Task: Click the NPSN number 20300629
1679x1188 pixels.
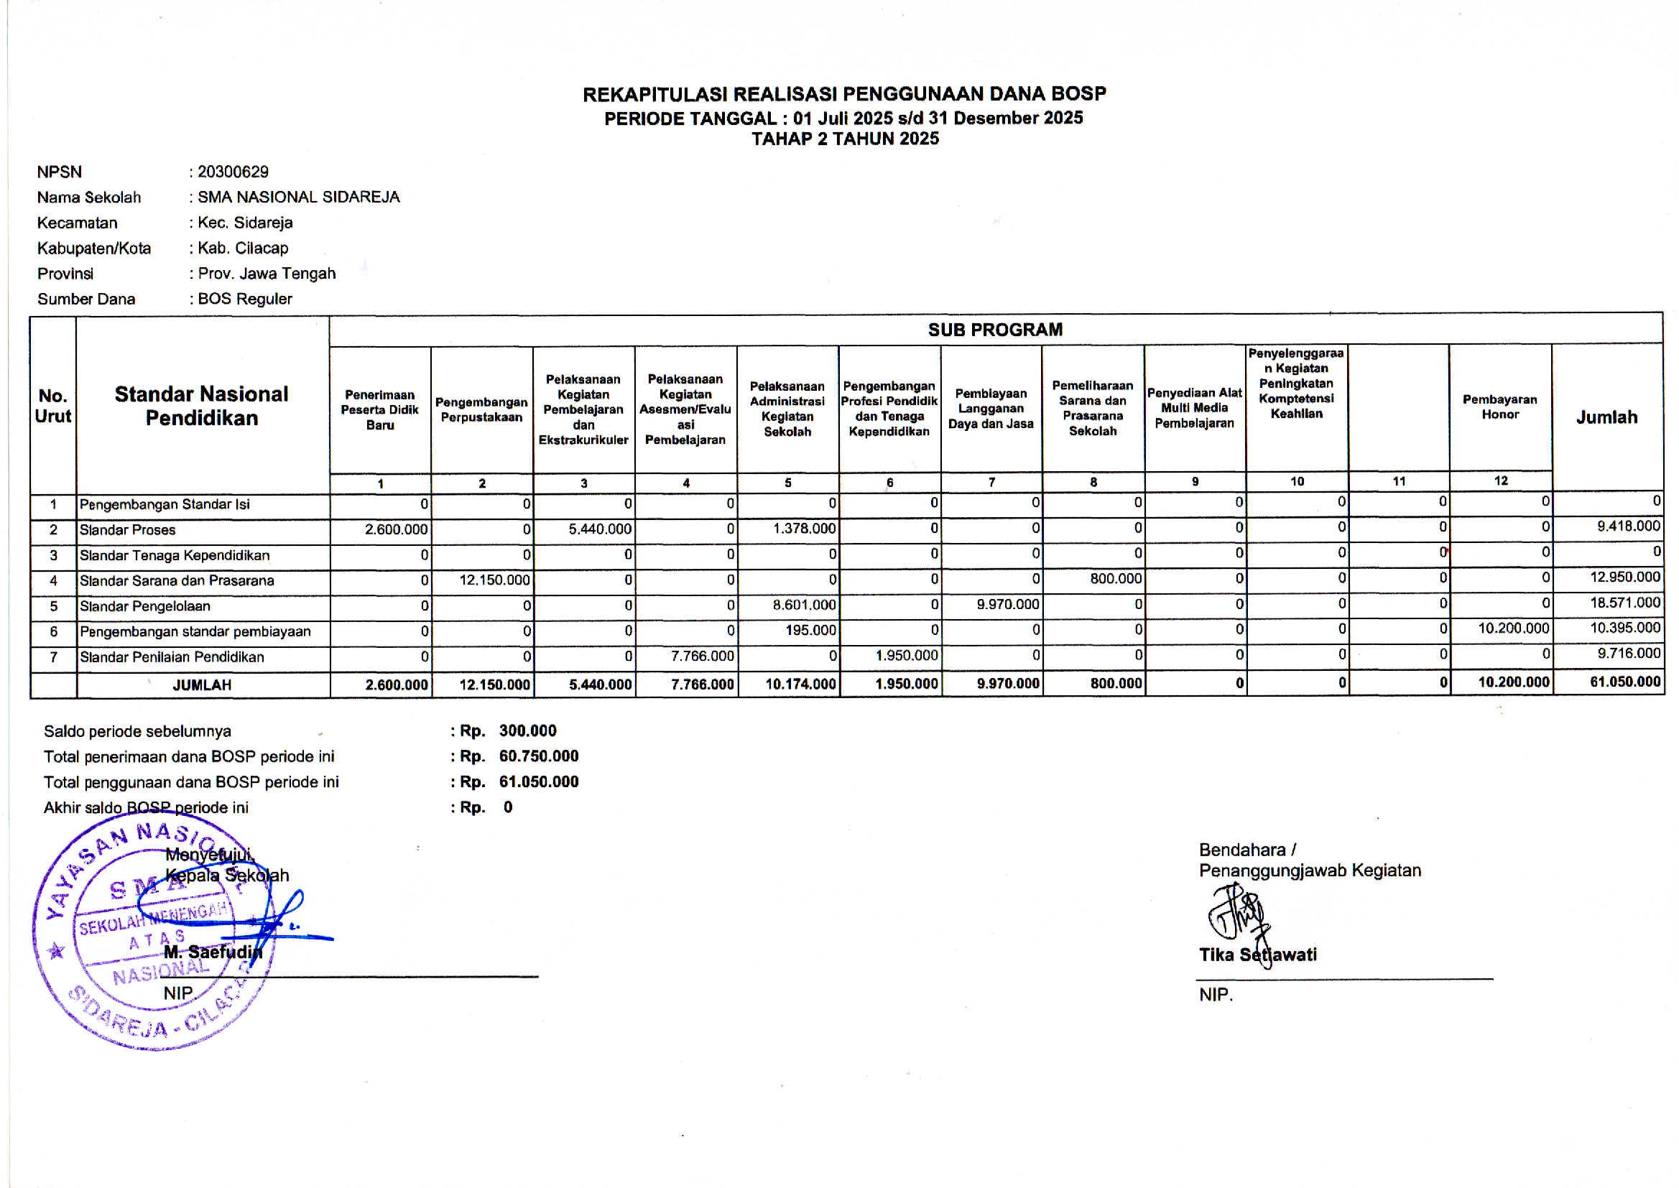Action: (x=233, y=172)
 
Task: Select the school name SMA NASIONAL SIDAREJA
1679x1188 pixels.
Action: (x=298, y=198)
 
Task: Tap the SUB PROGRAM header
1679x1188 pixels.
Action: (x=995, y=330)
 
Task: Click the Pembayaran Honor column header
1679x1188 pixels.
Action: (x=1500, y=407)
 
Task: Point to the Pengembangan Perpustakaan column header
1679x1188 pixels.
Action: (x=481, y=409)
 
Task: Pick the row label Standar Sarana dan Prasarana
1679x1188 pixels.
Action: (x=177, y=581)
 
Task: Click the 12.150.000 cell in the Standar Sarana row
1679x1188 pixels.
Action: (x=494, y=580)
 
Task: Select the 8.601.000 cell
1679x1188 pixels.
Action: (x=804, y=605)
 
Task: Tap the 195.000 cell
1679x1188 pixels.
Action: (x=810, y=630)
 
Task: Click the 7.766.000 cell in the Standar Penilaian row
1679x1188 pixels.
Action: (x=703, y=656)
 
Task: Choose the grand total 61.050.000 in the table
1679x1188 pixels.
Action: (x=1625, y=682)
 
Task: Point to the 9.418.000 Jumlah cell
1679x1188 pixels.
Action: (x=1629, y=526)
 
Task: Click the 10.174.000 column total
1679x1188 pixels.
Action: (x=800, y=684)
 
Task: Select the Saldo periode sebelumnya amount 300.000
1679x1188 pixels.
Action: (x=527, y=730)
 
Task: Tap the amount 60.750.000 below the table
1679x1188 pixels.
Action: (x=538, y=756)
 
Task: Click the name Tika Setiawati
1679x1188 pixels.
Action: (x=1257, y=955)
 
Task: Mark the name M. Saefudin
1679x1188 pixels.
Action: (x=213, y=952)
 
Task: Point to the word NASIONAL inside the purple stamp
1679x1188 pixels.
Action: (x=161, y=972)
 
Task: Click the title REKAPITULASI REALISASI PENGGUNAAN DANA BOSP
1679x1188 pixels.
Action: (x=844, y=94)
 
